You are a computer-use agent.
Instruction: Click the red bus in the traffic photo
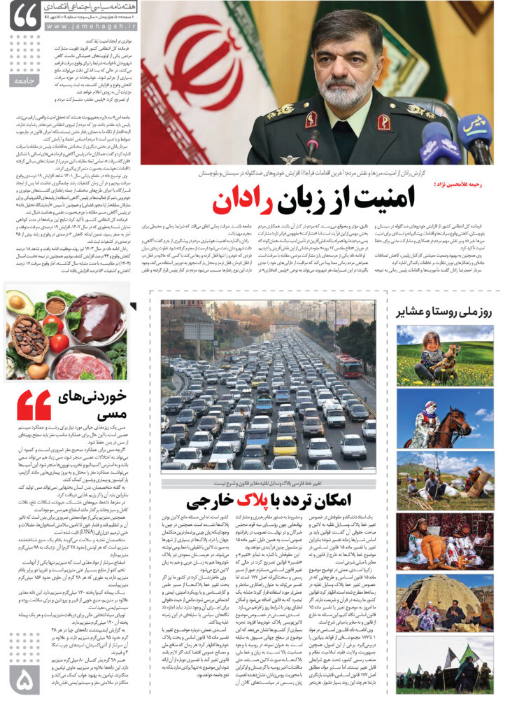(x=347, y=364)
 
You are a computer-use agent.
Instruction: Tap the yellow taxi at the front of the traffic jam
(x=284, y=445)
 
